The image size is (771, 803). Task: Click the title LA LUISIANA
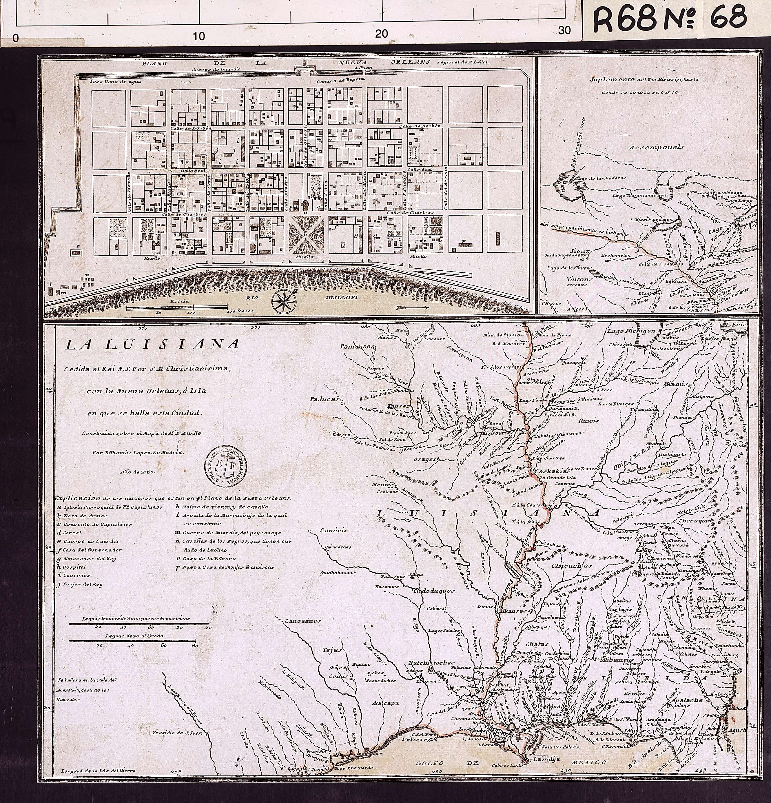152,345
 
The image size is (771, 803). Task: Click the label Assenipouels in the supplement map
657,147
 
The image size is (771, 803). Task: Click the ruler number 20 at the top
381,33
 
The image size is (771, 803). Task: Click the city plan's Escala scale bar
176,307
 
